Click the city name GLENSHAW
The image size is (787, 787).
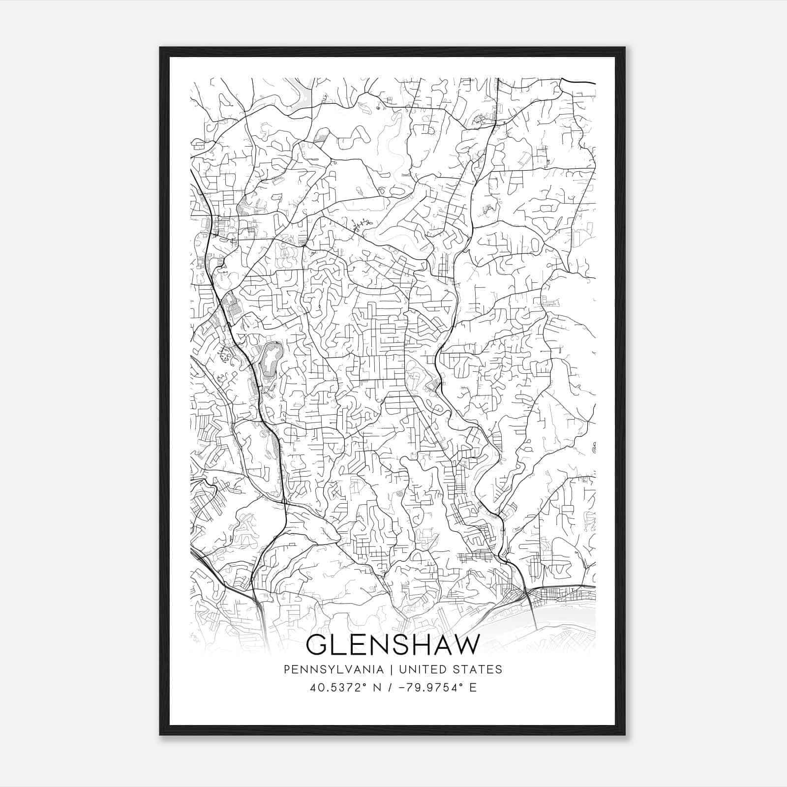click(392, 645)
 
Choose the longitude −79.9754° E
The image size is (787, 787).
click(438, 688)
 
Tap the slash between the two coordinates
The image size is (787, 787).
click(390, 688)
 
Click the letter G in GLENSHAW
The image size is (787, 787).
click(317, 645)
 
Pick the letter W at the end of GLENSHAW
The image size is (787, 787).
click(465, 645)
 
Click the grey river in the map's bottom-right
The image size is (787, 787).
click(566, 612)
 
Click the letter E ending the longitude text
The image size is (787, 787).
click(473, 688)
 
